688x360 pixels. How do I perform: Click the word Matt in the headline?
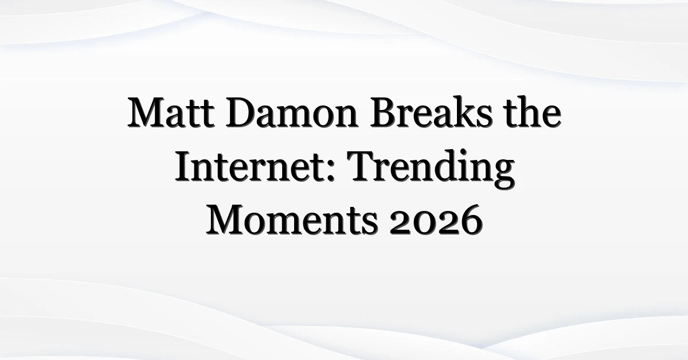point(171,112)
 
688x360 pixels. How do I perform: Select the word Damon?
point(291,112)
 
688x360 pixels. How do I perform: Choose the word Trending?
point(431,170)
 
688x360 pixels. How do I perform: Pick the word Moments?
point(292,220)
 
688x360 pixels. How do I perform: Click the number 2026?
point(436,220)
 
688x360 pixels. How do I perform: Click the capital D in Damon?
point(241,112)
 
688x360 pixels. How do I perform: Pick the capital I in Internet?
point(183,166)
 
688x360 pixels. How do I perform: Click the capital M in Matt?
point(147,112)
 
